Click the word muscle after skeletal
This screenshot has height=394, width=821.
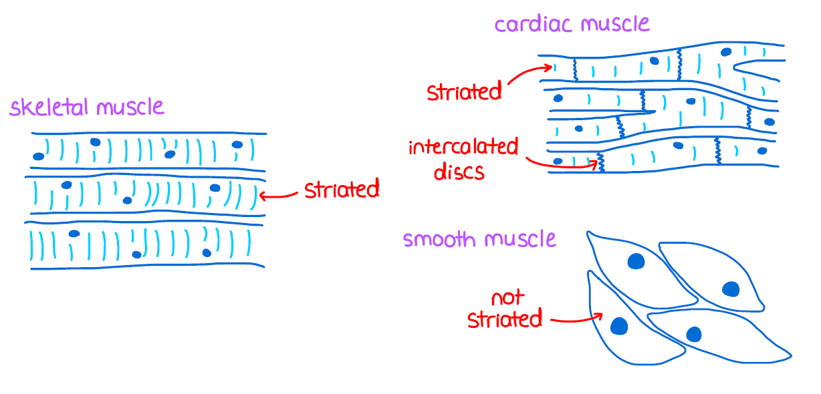pos(130,108)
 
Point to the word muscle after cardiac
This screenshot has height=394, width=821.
pos(615,25)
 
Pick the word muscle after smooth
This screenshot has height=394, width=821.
pos(522,239)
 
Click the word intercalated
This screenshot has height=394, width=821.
pos(463,147)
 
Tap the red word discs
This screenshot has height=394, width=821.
pos(459,172)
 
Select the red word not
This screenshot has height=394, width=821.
pos(507,297)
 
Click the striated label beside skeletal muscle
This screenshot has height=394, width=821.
pos(342,190)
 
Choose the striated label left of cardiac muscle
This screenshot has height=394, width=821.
pos(464,91)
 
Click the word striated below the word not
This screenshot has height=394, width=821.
pos(504,319)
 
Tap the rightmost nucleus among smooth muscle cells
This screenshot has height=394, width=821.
pos(730,289)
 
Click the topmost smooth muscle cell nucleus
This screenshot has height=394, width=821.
pos(635,261)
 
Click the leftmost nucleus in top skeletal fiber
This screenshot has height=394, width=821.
pos(39,156)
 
